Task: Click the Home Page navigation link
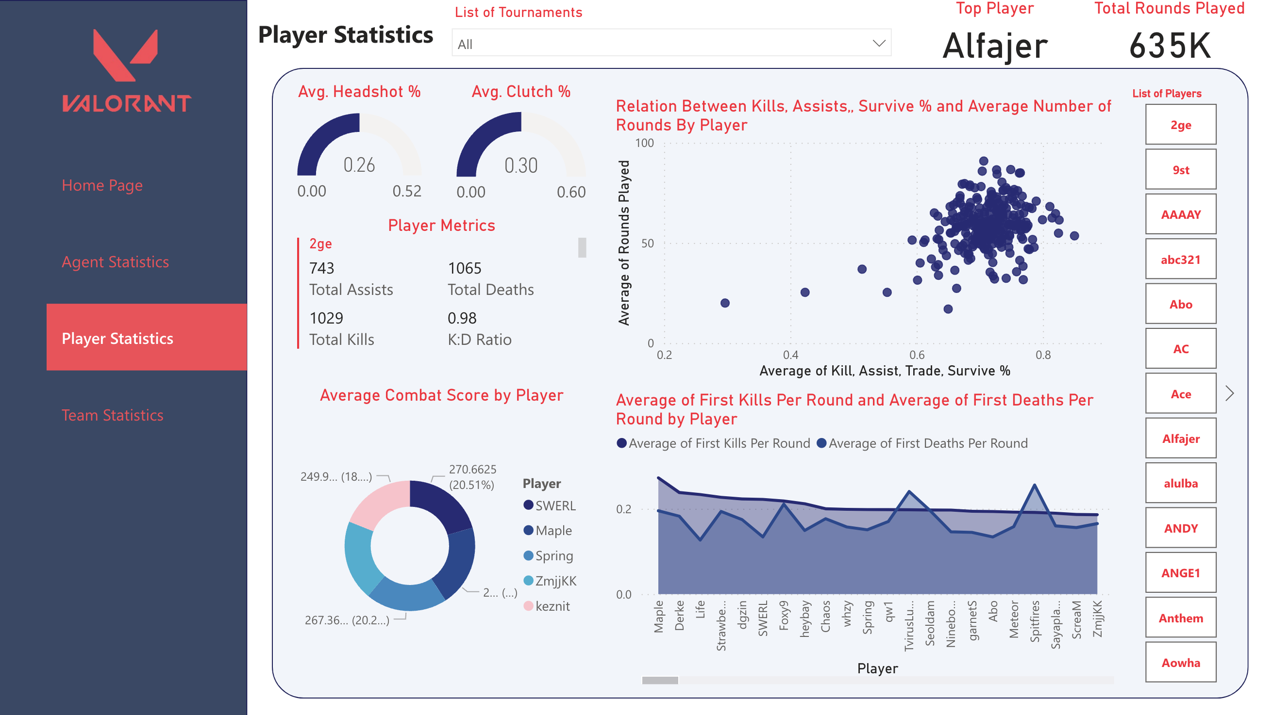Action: [x=102, y=185]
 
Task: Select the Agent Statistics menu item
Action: [x=115, y=262]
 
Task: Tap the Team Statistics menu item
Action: [x=112, y=415]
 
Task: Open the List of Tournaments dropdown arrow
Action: [x=878, y=44]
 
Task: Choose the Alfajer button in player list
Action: [x=1180, y=439]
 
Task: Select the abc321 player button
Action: [x=1180, y=260]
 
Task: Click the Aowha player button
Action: [x=1180, y=663]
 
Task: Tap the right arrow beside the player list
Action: [x=1230, y=393]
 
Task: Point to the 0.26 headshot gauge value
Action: [x=359, y=165]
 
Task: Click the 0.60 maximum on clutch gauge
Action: [x=571, y=192]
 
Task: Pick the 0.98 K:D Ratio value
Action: [x=462, y=318]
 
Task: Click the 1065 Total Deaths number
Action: [x=464, y=268]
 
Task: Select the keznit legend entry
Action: [x=552, y=606]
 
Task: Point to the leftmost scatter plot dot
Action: [x=724, y=303]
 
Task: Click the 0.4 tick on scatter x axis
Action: [x=790, y=355]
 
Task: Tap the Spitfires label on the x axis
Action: [x=1035, y=621]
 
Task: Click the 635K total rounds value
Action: [x=1169, y=46]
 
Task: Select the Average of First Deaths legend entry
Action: [x=922, y=443]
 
